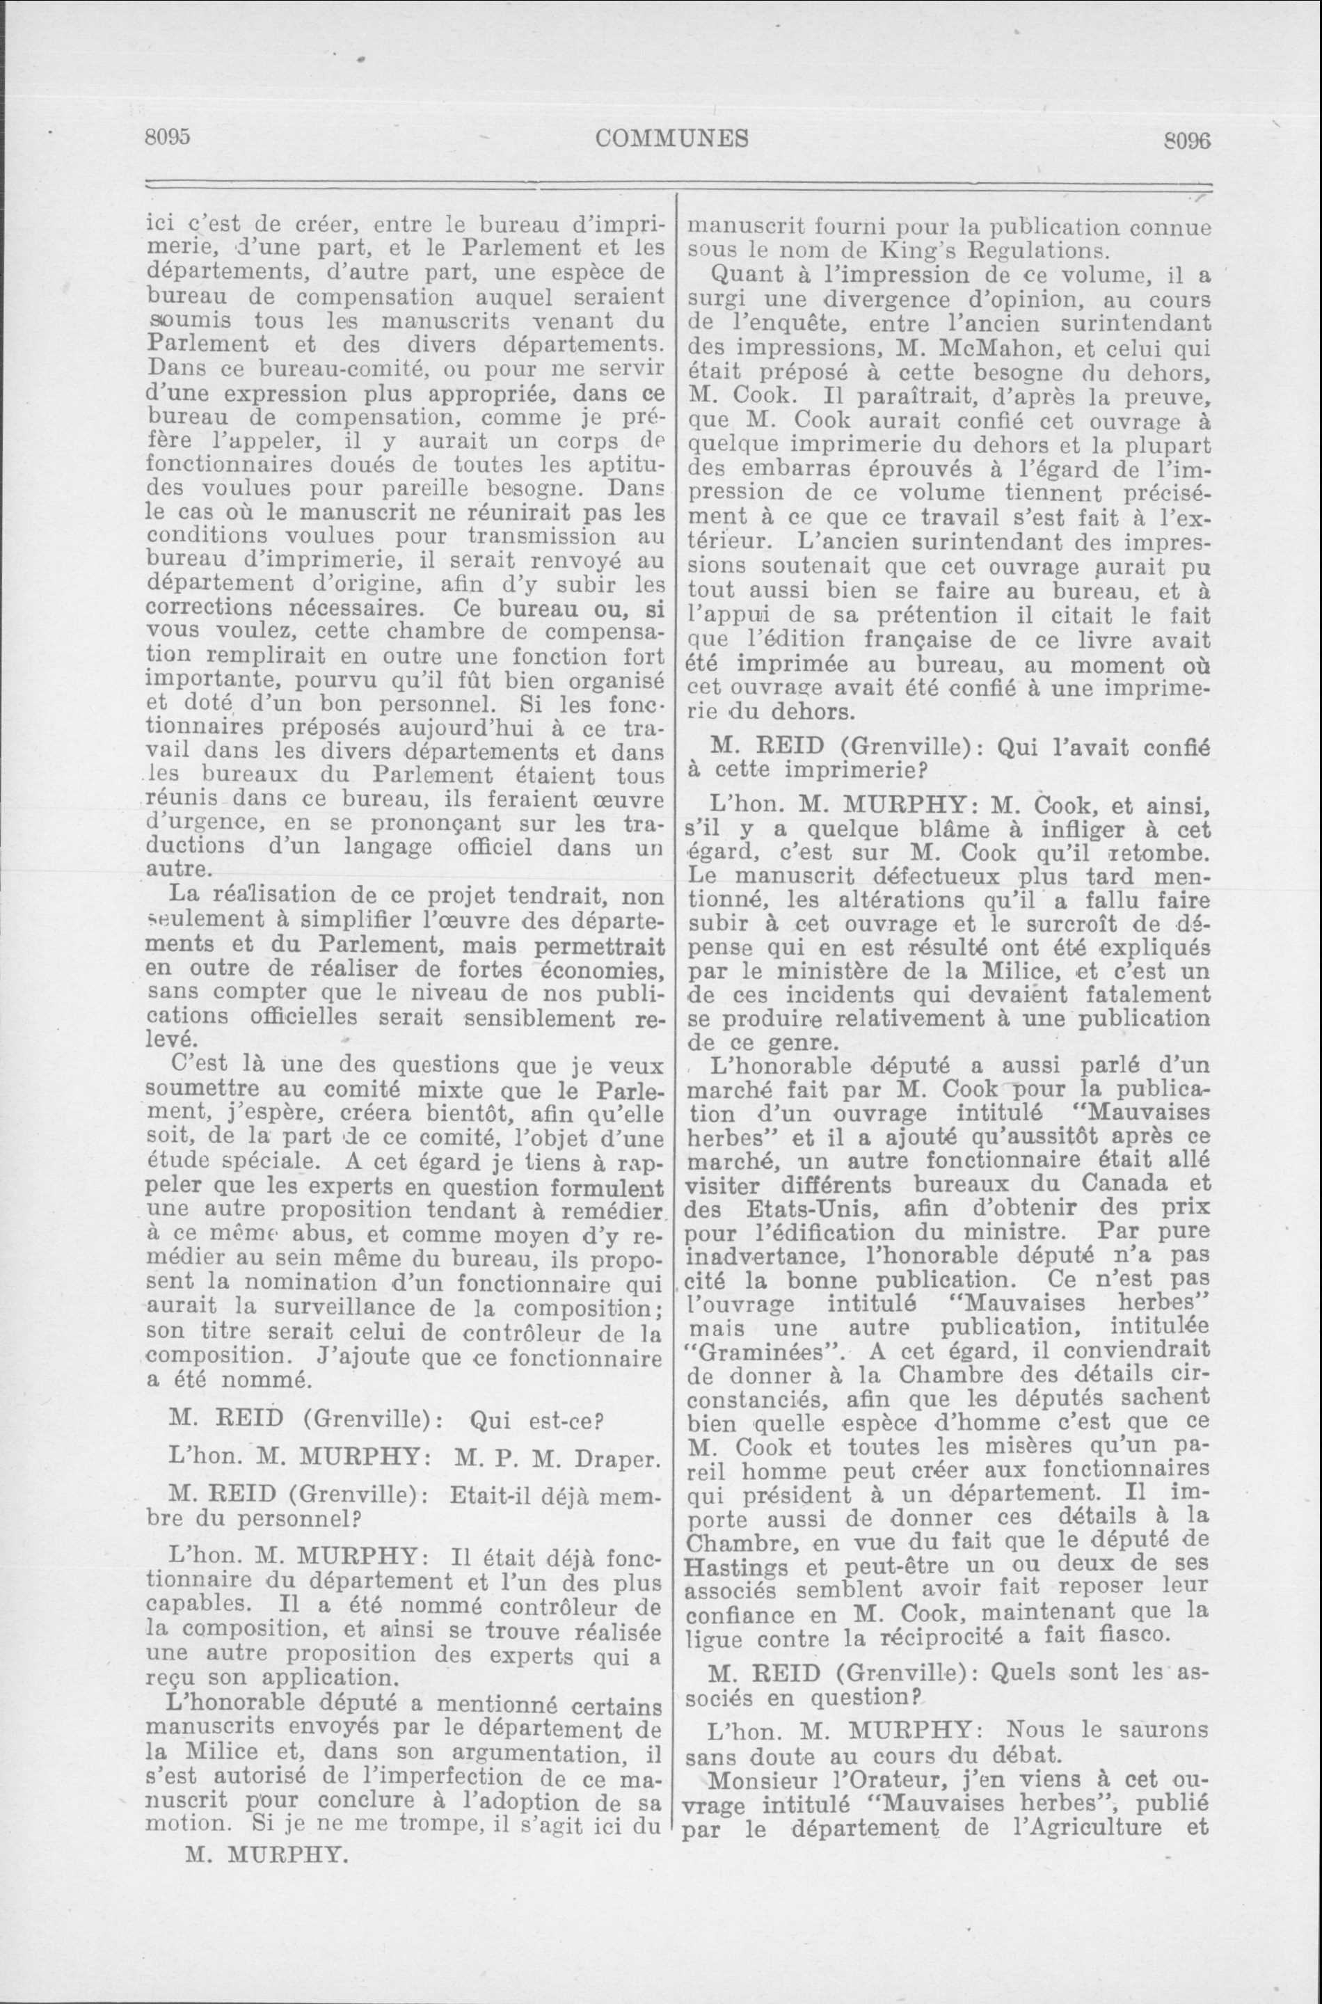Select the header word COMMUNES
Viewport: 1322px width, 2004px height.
tap(671, 137)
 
